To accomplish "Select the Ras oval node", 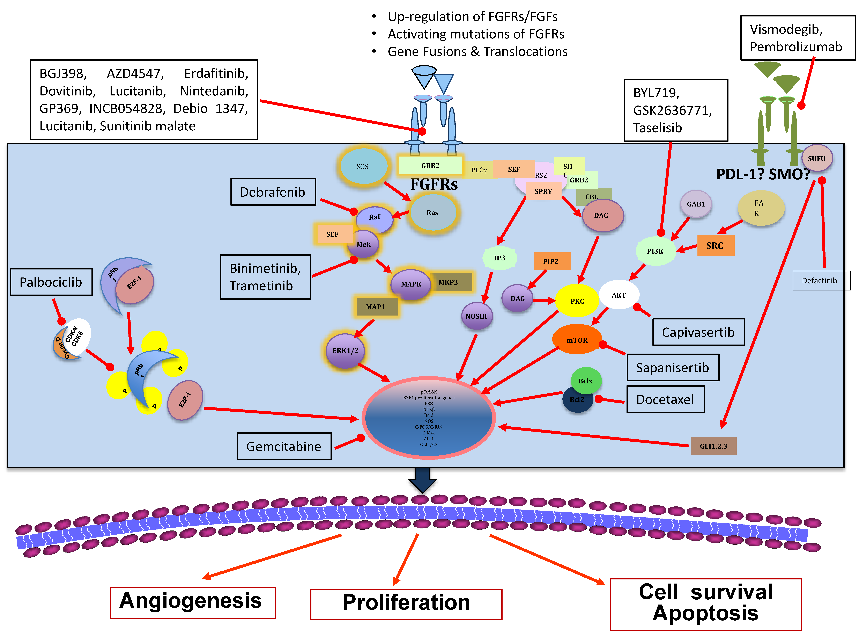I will click(x=433, y=212).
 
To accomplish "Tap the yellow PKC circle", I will click(x=577, y=301).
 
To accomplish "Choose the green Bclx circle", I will click(x=585, y=381).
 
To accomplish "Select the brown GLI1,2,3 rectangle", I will click(x=713, y=446).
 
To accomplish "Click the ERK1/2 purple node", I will click(x=345, y=350).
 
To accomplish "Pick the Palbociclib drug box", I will click(x=51, y=282).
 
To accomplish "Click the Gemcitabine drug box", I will click(x=284, y=446).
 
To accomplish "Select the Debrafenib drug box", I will click(x=273, y=192).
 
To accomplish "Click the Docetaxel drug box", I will click(x=665, y=399).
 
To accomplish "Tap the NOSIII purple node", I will click(x=476, y=316).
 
